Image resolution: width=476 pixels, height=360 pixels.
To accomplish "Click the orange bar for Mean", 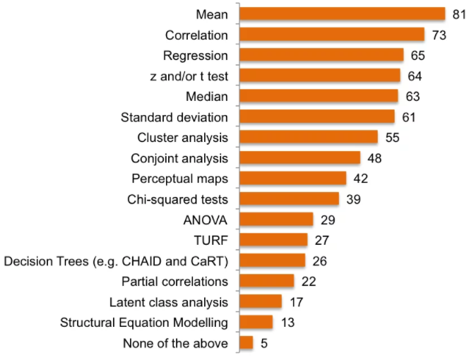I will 342,14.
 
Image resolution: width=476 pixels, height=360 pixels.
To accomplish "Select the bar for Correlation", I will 331,35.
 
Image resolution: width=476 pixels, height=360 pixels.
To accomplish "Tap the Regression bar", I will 321,55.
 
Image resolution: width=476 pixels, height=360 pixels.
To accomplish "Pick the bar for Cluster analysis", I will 309,137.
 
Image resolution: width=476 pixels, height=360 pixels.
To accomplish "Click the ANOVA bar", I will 276,220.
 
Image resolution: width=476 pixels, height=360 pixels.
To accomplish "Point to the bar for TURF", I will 273,240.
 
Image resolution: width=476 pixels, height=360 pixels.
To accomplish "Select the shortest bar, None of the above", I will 246,343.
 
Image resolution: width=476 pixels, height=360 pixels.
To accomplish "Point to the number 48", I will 374,158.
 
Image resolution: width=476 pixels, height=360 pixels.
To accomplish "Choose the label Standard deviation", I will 174,116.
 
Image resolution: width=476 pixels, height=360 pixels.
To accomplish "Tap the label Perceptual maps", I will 179,178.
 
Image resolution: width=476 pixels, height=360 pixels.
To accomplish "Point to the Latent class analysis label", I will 169,302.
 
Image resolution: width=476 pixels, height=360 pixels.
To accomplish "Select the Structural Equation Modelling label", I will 144,323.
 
